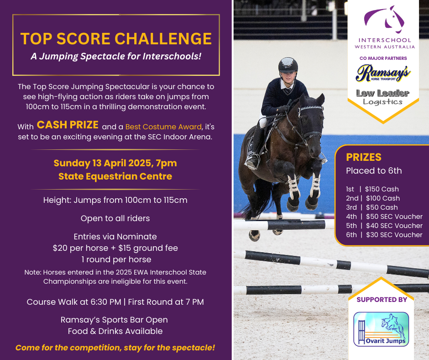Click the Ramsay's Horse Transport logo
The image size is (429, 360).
[x=383, y=73]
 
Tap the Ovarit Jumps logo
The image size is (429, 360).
[x=381, y=329]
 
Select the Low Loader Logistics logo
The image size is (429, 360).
[x=383, y=97]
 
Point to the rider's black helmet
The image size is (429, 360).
[x=288, y=65]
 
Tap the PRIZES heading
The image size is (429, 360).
[x=364, y=157]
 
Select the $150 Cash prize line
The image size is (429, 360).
[x=372, y=189]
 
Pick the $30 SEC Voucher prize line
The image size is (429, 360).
[x=384, y=235]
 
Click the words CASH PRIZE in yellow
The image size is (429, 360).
[x=68, y=125]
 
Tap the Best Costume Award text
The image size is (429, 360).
[x=163, y=127]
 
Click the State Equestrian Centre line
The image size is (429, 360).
[x=115, y=176]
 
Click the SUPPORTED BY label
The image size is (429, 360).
[x=382, y=299]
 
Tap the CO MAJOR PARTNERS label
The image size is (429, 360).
[x=383, y=58]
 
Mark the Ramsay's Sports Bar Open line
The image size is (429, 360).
[x=114, y=320]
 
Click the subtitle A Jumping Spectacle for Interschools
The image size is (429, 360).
[x=116, y=56]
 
